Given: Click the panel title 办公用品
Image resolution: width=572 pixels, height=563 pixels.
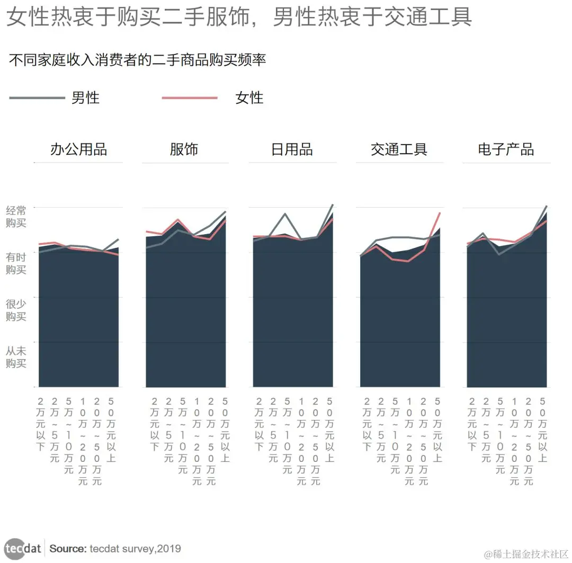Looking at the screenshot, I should pos(78,149).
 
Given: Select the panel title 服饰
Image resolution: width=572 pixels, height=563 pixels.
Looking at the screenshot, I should pos(184,149).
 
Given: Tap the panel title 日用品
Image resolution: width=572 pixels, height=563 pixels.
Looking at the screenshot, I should pos(291,149).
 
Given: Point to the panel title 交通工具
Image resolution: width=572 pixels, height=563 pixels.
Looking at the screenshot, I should pos(399,149).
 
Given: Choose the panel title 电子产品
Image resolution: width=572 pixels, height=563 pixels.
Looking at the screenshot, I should pos(506,149).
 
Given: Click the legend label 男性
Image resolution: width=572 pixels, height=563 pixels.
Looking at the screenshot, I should pos(85,98).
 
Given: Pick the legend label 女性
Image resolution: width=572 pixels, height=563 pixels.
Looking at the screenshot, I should pos(249,98).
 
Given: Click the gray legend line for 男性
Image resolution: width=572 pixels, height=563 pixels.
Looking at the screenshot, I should pos(37,98).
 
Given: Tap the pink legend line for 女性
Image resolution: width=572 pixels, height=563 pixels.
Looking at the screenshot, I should pos(189,98).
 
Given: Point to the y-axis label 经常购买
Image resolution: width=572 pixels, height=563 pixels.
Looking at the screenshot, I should pos(16,217).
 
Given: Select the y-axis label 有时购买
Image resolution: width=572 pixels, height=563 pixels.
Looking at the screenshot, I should pos(16,263).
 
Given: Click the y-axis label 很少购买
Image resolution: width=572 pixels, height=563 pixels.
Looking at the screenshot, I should pos(16,310).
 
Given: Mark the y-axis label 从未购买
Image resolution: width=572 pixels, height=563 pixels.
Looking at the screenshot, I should pos(16,356).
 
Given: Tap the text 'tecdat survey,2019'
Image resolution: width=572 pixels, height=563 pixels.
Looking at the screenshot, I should pos(135,549).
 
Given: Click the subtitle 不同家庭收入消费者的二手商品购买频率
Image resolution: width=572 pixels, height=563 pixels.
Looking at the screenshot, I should pos(137,60).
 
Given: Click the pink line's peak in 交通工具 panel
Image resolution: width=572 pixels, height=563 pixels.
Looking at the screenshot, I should pos(440,213).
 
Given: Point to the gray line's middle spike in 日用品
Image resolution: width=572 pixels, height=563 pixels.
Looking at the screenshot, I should pos(285,214).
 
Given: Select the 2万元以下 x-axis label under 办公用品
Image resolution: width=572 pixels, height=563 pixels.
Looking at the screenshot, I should pos(41,424).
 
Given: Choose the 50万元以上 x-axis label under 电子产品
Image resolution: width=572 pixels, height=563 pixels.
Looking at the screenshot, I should pos(542,430).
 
